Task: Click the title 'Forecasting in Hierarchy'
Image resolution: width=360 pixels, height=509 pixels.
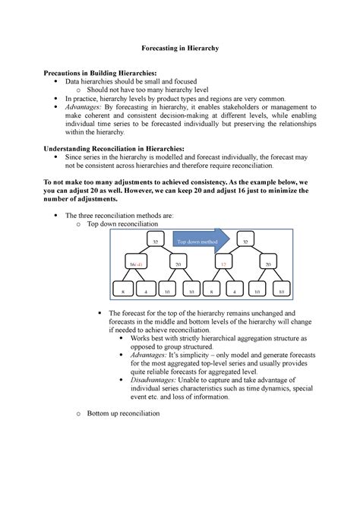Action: [179, 48]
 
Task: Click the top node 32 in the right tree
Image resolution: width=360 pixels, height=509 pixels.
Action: [245, 242]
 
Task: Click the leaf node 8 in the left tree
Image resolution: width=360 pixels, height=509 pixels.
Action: [122, 291]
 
